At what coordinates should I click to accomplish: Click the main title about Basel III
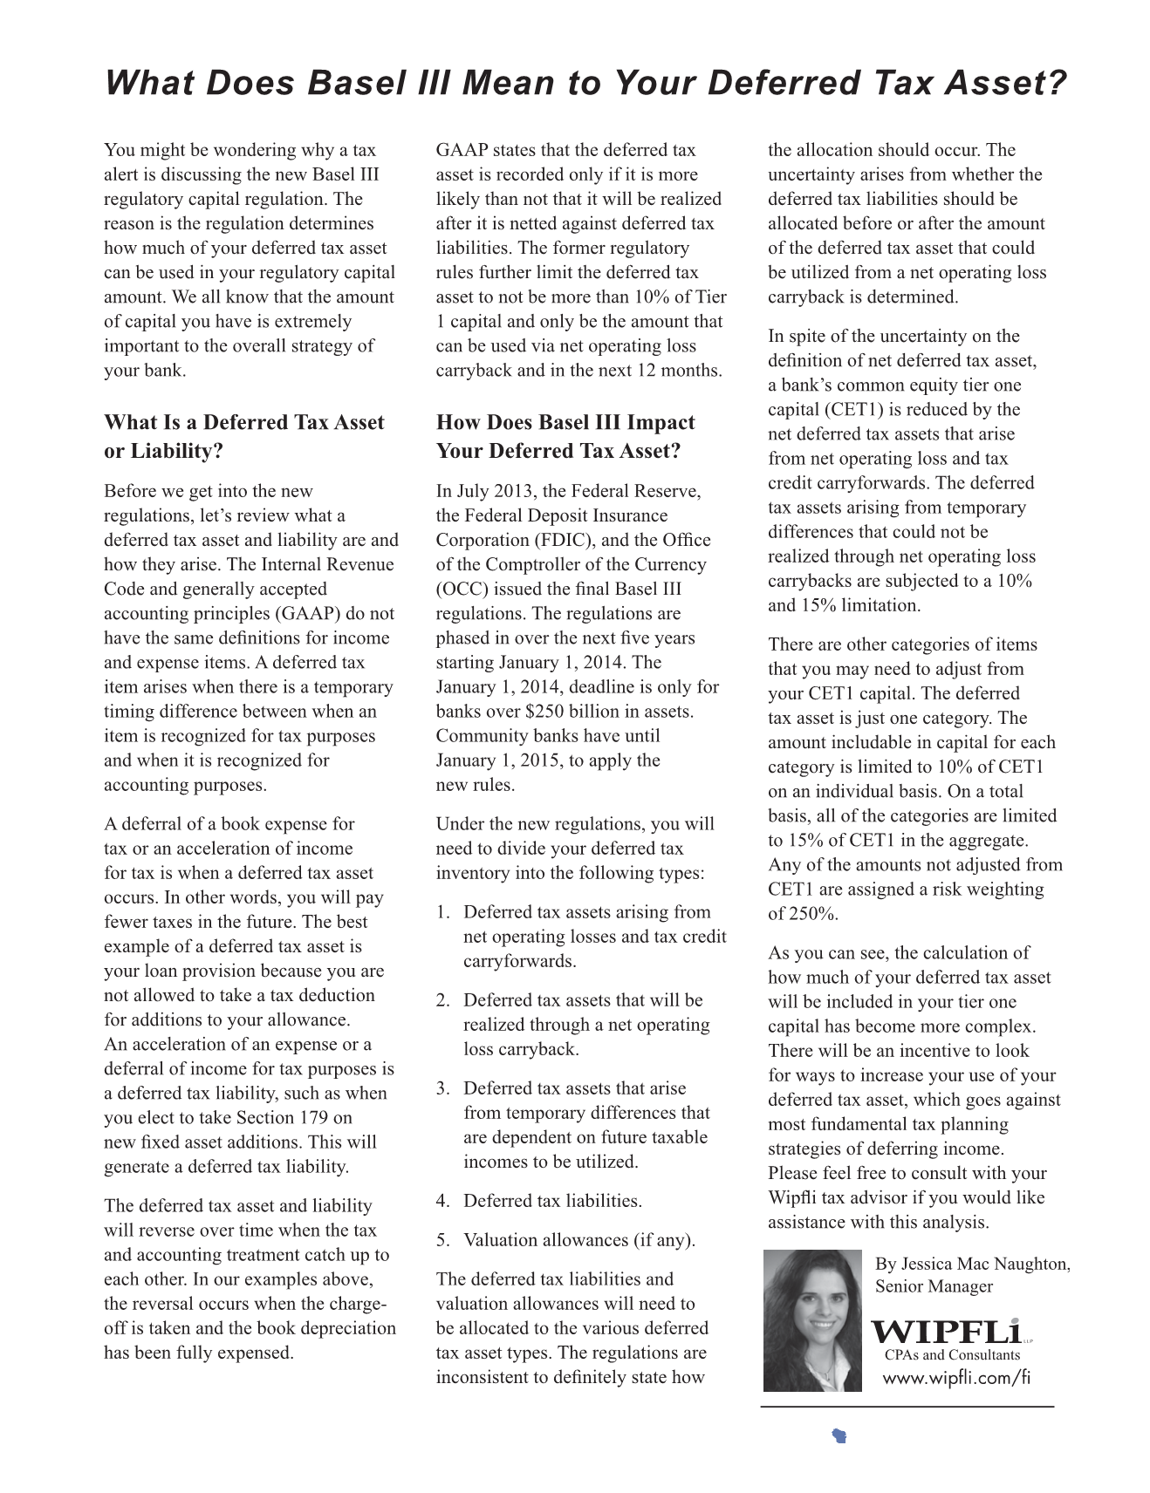[585, 84]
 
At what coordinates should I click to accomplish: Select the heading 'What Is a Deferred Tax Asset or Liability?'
[243, 436]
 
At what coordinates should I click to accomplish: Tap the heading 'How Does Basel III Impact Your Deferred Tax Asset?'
[565, 436]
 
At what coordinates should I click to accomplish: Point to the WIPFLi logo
[946, 1332]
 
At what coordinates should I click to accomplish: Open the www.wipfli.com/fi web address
[956, 1378]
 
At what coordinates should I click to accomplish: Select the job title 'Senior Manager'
[934, 1286]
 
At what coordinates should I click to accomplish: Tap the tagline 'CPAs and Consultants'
[952, 1355]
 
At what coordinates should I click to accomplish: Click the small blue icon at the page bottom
[839, 1436]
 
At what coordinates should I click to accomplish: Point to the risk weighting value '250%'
[814, 914]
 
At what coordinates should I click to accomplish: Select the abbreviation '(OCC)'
[462, 589]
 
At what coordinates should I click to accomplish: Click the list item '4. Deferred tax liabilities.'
[539, 1201]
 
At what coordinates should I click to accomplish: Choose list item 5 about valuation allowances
[565, 1240]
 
